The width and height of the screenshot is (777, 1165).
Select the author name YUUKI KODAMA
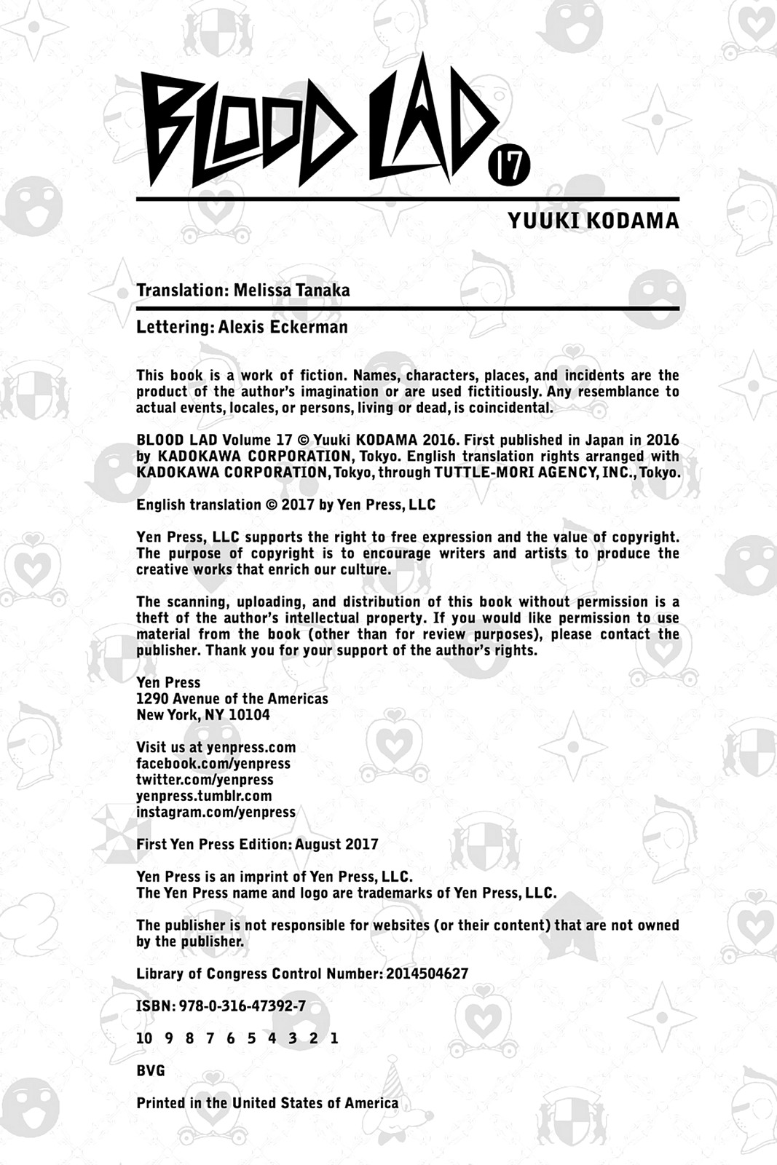593,221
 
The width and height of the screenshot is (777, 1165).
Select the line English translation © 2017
285,505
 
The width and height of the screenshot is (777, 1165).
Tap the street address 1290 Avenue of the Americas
232,699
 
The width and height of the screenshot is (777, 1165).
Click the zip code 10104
249,715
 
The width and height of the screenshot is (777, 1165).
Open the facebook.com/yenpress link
213,764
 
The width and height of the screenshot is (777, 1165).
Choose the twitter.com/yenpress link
205,780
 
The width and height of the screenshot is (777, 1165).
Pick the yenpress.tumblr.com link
204,796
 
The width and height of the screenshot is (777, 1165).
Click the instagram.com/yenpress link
216,812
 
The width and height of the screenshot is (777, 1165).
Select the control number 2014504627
427,974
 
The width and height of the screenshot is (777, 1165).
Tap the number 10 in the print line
144,1038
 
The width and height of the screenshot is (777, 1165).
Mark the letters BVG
151,1071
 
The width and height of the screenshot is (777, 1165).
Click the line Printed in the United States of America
267,1103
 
